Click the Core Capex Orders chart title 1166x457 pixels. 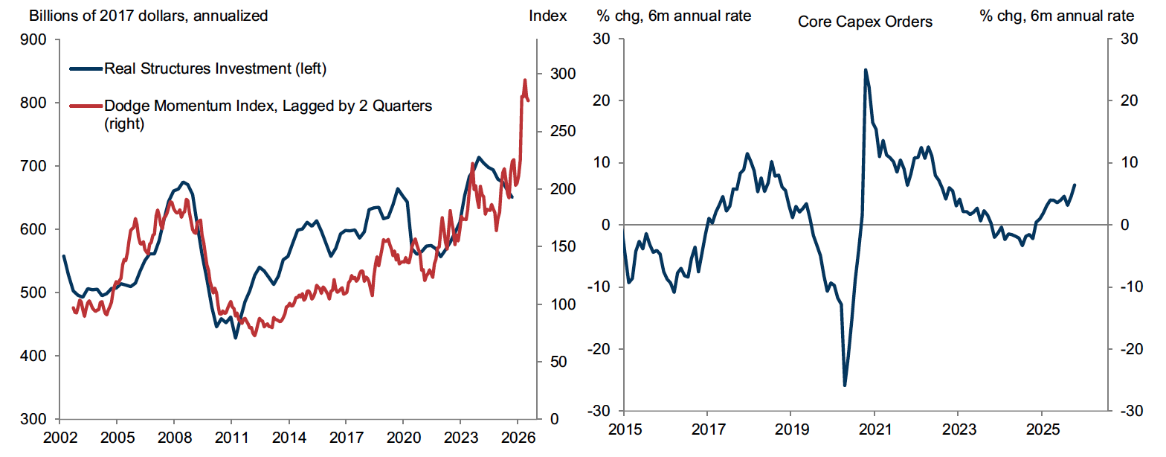click(865, 22)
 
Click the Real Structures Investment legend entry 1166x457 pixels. click(215, 69)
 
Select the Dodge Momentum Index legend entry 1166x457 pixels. click(268, 106)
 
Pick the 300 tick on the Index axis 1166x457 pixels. click(562, 74)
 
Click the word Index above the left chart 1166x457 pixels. click(548, 16)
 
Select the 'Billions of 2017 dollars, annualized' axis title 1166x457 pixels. click(138, 16)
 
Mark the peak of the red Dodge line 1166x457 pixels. click(525, 80)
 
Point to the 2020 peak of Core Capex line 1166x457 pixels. click(866, 70)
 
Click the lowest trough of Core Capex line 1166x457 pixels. click(845, 386)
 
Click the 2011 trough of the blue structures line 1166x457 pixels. click(236, 338)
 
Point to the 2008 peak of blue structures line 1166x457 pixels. click(184, 182)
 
